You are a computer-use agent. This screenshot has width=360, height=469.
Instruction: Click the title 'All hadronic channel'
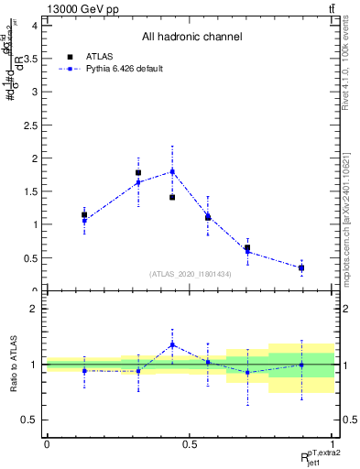(x=191, y=38)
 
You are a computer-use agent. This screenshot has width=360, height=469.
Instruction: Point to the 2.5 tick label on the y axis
(x=33, y=125)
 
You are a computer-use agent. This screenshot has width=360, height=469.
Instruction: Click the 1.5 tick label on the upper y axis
(x=33, y=191)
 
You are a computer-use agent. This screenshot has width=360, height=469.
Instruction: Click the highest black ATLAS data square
(x=138, y=172)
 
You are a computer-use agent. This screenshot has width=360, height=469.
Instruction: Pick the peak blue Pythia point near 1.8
(x=172, y=171)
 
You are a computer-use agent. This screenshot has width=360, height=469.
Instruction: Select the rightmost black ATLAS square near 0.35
(x=301, y=267)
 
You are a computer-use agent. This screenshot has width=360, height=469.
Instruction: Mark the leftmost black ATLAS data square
(x=84, y=215)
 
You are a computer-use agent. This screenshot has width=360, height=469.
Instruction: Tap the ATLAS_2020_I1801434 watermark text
(x=191, y=274)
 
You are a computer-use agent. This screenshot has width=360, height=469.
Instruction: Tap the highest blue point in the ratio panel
(x=172, y=344)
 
